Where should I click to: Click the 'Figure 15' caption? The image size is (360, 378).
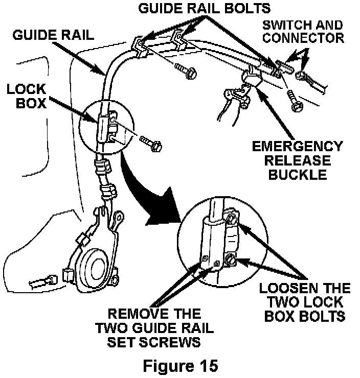[181, 365]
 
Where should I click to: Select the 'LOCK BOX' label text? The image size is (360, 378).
[26, 96]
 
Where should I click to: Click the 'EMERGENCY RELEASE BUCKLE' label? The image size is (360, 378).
[297, 160]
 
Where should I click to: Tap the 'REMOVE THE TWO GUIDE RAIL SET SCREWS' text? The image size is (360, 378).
[154, 327]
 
